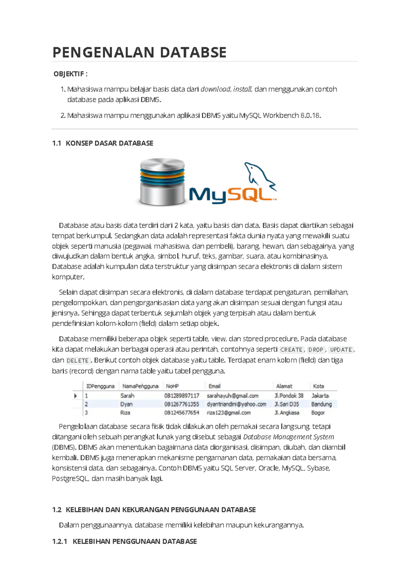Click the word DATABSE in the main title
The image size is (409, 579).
point(193,53)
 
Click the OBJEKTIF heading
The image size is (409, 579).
point(70,74)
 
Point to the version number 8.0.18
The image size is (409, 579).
point(310,116)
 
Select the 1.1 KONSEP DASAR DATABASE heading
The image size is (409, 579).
point(103,143)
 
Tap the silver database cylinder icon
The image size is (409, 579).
point(162,181)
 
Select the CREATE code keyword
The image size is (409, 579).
point(291,350)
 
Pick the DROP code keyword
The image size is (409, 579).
point(316,350)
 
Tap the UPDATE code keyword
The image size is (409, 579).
point(341,350)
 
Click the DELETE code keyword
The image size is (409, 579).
point(78,361)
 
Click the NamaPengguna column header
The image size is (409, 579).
point(140,386)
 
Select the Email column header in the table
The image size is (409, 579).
point(214,386)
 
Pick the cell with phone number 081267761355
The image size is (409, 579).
point(182,404)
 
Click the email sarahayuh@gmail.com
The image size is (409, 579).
point(232,396)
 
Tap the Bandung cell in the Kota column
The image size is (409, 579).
point(321,404)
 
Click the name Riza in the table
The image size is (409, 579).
point(125,413)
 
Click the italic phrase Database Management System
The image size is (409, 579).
point(288,437)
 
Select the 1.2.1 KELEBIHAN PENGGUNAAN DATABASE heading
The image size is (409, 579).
point(124,541)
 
